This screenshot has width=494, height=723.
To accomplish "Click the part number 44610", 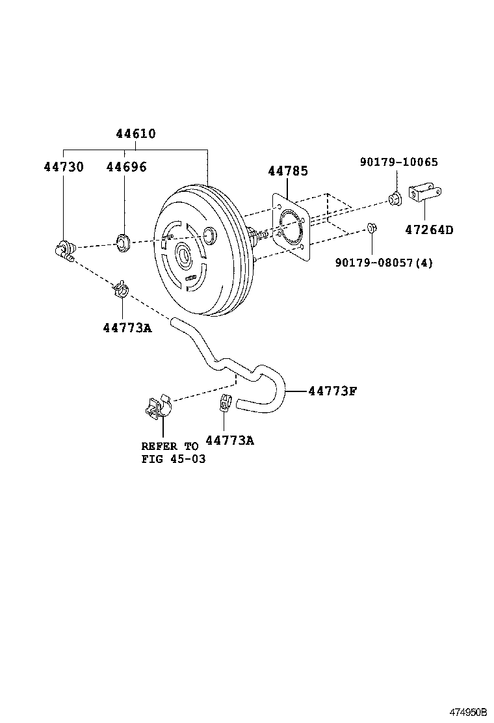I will tap(136, 134).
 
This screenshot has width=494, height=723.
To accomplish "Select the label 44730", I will tap(64, 166).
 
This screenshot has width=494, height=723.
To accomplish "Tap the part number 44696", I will tap(126, 166).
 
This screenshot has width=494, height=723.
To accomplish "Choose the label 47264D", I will tap(430, 230).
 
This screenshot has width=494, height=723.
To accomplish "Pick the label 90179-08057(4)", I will tap(383, 263).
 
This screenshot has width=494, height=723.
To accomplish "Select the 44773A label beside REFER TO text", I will tap(229, 440).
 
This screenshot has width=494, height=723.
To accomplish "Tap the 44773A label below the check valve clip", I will tap(127, 328).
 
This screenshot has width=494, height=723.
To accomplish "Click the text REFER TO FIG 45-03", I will tap(170, 453).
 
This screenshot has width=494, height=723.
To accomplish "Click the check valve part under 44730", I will tap(64, 250).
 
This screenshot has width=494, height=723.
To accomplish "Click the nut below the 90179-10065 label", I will tap(393, 198).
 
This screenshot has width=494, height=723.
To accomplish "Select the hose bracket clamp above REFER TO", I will tap(155, 406).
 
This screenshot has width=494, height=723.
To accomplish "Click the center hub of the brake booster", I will tap(183, 255).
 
